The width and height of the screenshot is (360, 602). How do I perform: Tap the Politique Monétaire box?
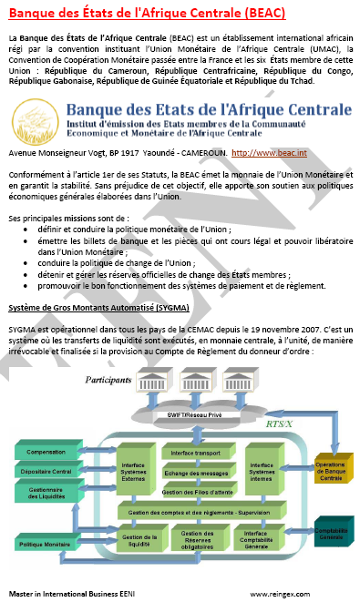click(51, 544)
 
